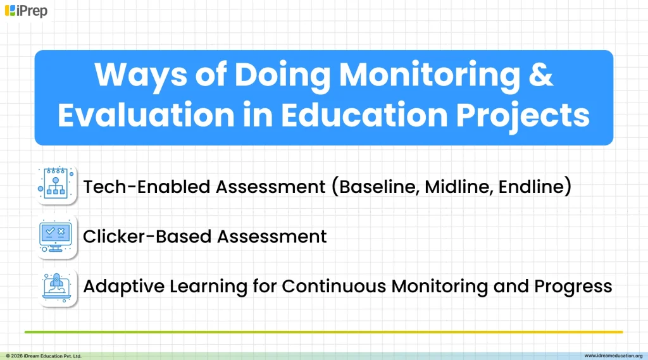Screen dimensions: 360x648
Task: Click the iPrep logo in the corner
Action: (26, 11)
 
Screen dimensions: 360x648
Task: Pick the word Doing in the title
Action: (282, 75)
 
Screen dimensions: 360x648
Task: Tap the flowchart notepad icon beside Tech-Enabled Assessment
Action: (58, 185)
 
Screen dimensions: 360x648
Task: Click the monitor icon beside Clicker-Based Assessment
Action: (58, 236)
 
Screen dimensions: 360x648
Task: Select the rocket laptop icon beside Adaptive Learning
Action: (58, 287)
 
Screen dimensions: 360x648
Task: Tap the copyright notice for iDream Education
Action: (44, 356)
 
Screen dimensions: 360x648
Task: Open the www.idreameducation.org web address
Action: (613, 356)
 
